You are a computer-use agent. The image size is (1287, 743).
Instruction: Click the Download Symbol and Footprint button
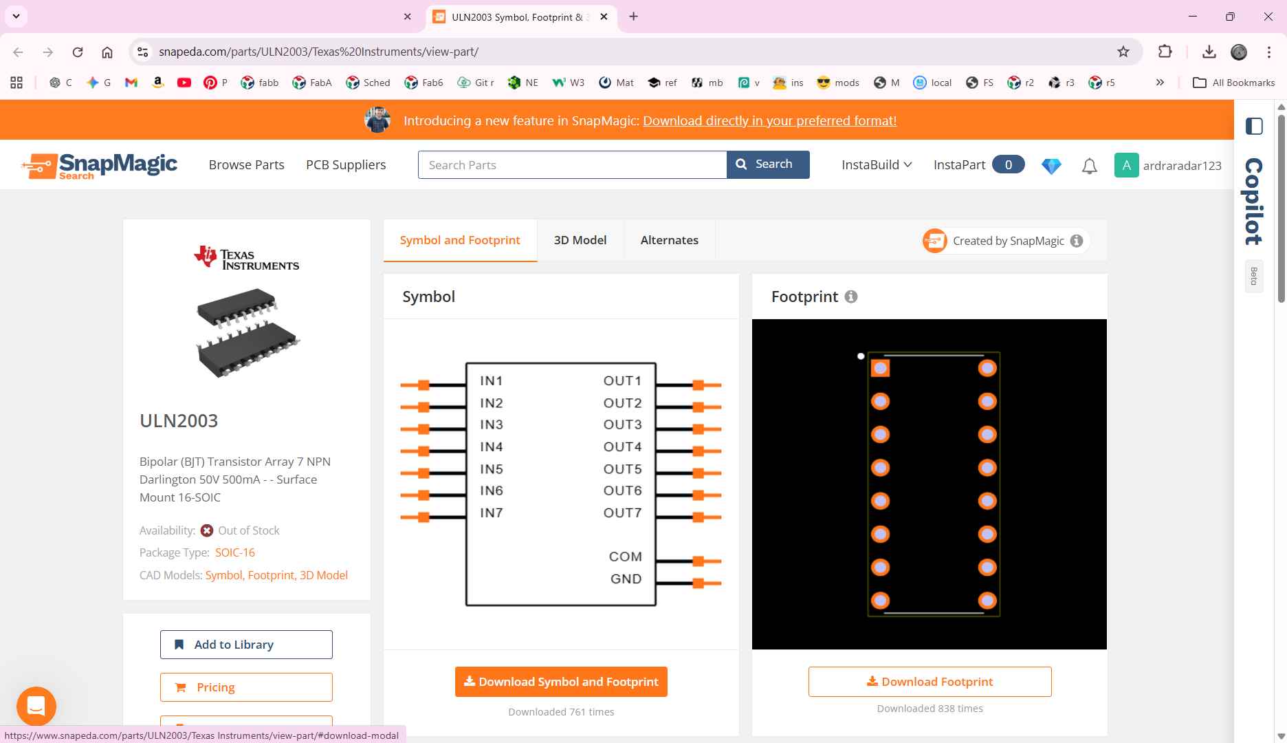coord(561,682)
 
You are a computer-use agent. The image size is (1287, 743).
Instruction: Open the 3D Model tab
coord(580,240)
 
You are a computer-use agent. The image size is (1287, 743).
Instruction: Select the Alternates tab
coord(670,240)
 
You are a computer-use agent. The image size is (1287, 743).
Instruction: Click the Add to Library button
coord(246,645)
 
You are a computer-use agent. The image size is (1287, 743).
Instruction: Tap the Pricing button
coord(246,687)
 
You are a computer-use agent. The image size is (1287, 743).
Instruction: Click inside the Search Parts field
coord(572,164)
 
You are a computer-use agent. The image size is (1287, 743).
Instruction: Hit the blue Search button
coord(768,164)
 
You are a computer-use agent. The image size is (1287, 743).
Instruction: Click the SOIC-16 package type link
coord(235,552)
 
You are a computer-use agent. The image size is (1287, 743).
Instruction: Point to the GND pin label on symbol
coord(626,579)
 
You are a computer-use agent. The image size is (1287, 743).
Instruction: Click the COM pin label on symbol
coord(625,557)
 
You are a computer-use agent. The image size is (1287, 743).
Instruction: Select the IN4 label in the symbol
coord(492,447)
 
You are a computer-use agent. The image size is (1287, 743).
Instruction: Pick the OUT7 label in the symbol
coord(622,513)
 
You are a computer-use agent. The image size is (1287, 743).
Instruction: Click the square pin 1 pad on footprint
coord(880,368)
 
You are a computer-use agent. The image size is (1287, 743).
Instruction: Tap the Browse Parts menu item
coord(247,165)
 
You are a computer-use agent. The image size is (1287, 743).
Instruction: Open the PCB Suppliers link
coord(346,165)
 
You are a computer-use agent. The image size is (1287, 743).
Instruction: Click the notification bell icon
coord(1089,166)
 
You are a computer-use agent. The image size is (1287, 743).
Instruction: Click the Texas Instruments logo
coord(246,257)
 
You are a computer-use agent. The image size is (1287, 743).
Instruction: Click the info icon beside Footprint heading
coord(851,297)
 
